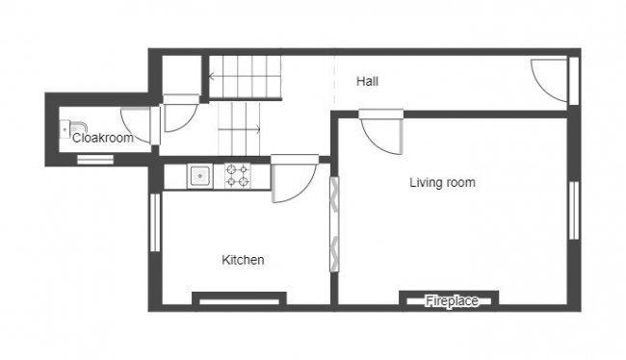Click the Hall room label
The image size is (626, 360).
[x=367, y=82]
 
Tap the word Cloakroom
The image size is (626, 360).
[x=102, y=139]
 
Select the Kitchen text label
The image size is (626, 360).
[x=243, y=260]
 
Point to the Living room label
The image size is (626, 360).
[x=442, y=182]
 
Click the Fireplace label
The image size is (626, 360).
[x=452, y=301]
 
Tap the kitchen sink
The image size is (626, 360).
[x=199, y=175]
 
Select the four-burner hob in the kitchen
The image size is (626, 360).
[x=237, y=175]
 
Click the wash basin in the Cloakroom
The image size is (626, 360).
[x=74, y=128]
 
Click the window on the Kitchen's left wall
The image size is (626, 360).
[x=153, y=223]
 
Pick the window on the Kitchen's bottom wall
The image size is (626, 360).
[x=238, y=300]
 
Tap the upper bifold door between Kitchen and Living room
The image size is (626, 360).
[x=334, y=198]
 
